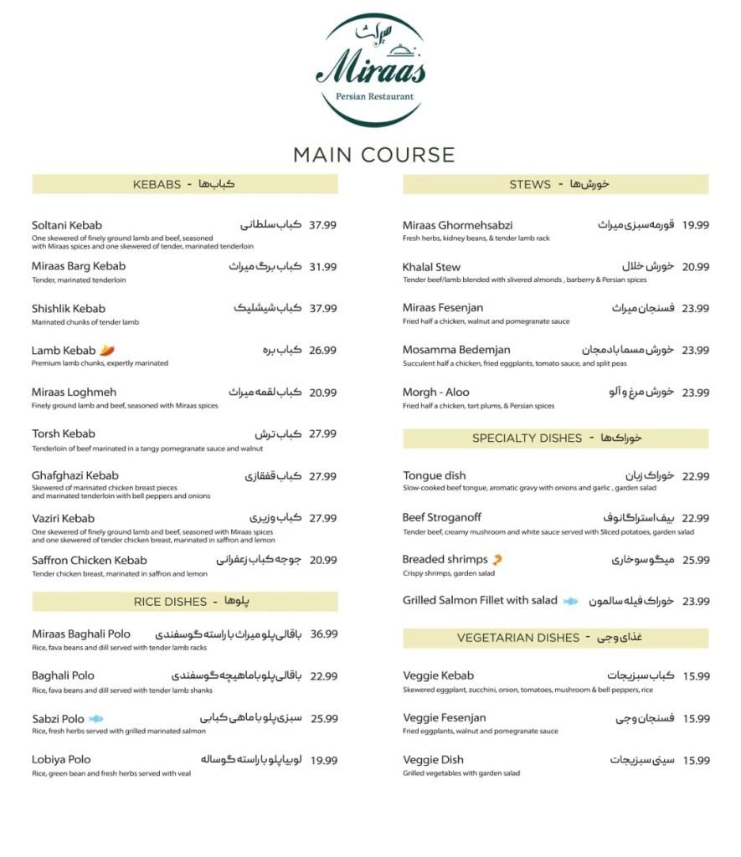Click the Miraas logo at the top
370,69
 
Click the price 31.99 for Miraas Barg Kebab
322,267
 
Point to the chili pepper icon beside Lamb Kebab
107,350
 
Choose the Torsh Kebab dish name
64,434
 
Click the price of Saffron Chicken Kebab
322,560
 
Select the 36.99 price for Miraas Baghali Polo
323,634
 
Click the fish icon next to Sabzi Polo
96,718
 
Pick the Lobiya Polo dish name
61,759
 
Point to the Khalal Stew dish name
431,267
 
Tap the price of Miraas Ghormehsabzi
695,225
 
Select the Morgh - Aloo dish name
435,392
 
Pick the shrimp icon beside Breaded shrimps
497,559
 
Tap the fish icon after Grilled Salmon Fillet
570,601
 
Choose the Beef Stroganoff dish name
441,517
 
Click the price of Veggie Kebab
695,676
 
